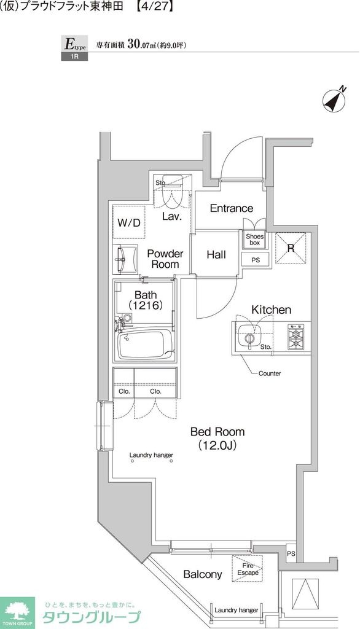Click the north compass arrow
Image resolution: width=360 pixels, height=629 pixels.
[335, 99]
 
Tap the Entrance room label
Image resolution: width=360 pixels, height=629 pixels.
[232, 208]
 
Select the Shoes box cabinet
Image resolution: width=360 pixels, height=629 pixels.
[254, 240]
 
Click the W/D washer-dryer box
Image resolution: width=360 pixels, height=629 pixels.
[129, 222]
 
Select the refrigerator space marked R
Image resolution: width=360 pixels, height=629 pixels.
[291, 248]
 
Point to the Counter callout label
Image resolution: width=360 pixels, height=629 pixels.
[270, 373]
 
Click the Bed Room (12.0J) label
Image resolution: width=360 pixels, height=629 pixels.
[217, 438]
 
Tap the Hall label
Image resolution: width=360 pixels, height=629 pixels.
[216, 254]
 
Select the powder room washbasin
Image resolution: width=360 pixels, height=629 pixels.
[125, 259]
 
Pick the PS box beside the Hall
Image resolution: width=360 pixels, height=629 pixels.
[256, 260]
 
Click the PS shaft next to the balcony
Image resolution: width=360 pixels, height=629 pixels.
[291, 554]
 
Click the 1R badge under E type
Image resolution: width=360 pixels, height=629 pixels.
[74, 56]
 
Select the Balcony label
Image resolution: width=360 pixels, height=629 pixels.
[202, 574]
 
